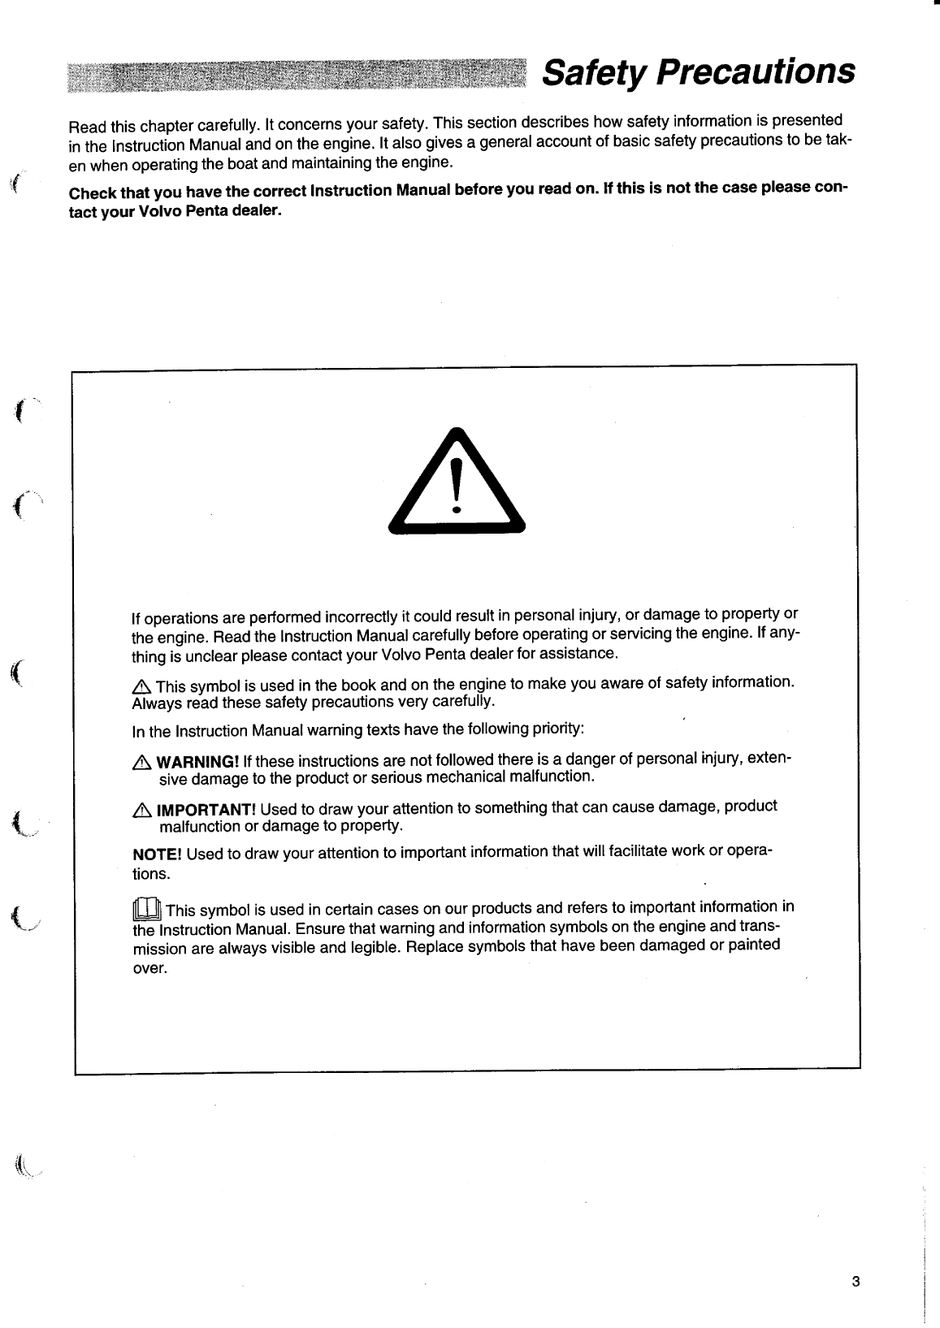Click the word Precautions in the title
click(x=756, y=72)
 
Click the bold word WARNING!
click(x=197, y=762)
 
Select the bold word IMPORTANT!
click(x=206, y=810)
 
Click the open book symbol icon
click(x=147, y=908)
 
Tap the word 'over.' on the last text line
click(x=149, y=969)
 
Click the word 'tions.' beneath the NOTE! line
click(x=151, y=875)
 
